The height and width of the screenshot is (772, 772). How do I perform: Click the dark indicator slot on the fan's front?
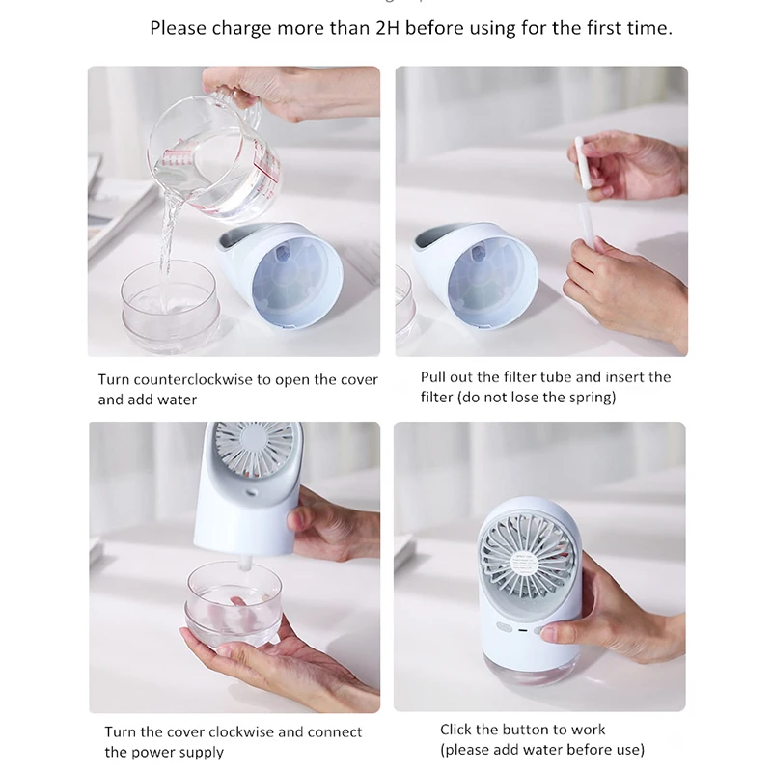(x=523, y=630)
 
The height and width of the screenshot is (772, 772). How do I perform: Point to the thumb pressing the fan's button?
(x=559, y=632)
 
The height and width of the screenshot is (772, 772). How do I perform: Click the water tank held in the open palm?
(x=234, y=605)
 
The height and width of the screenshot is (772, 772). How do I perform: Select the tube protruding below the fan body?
(x=246, y=562)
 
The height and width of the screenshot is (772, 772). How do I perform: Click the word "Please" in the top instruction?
(x=179, y=28)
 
